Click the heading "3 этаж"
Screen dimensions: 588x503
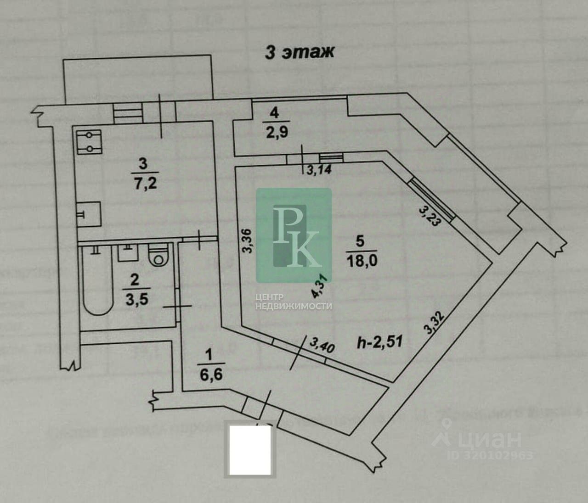pos(299,52)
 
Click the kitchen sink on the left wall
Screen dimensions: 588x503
pos(89,214)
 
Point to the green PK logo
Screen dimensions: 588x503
pos(294,235)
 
